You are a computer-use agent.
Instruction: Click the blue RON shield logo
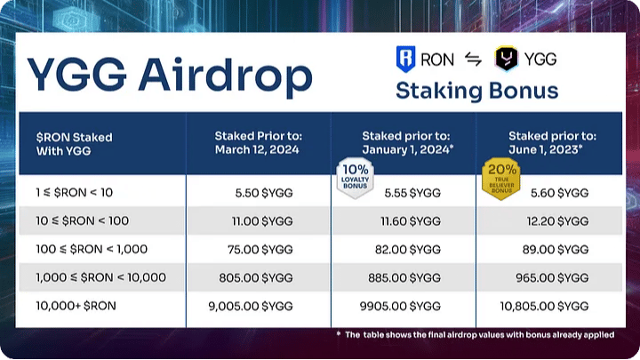405,60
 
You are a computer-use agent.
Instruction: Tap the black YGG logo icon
506,59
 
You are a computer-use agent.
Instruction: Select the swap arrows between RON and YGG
474,60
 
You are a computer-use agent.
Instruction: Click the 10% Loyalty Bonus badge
355,178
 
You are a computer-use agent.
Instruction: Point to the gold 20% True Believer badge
501,179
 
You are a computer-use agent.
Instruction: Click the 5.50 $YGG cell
264,193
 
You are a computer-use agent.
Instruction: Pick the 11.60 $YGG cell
411,221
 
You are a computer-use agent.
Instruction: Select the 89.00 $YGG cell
556,250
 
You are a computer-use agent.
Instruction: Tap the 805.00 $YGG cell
256,278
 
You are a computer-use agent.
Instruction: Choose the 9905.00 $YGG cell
400,306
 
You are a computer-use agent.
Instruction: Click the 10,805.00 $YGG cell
545,306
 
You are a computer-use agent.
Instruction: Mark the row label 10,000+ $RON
76,306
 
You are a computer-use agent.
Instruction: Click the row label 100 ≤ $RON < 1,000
92,249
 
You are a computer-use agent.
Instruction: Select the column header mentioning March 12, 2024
257,143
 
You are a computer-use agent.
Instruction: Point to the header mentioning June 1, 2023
552,143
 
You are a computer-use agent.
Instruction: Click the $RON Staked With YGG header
75,144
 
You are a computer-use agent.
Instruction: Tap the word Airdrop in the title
225,76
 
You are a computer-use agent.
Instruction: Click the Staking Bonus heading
476,91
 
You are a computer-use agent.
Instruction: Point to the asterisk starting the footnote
339,333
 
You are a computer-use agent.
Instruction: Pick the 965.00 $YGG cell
552,278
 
